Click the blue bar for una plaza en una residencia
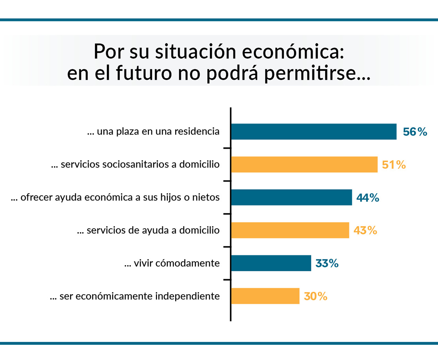(x=314, y=131)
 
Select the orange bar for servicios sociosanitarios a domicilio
(x=304, y=164)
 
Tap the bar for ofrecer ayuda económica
(x=291, y=197)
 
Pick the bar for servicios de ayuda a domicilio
(x=290, y=230)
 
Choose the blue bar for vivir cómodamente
(x=271, y=263)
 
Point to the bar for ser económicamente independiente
(x=265, y=296)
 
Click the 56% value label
(x=415, y=132)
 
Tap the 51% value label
(x=394, y=165)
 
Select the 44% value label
(x=368, y=198)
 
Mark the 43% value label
(x=365, y=230)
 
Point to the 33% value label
(x=327, y=263)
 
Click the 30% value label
(x=315, y=296)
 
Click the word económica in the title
(x=290, y=51)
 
